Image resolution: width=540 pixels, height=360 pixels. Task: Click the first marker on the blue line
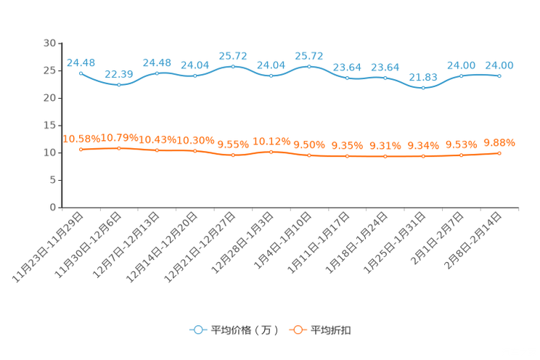(x=81, y=73)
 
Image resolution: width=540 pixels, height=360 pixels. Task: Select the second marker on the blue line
(x=119, y=84)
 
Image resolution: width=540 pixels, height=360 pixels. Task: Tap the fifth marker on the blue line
(x=233, y=65)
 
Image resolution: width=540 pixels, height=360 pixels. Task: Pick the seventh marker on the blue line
(x=309, y=66)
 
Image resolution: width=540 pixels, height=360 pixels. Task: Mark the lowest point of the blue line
(x=423, y=87)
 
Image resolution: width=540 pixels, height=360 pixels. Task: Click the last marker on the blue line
(x=499, y=75)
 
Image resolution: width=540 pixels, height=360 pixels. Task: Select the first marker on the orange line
(x=81, y=150)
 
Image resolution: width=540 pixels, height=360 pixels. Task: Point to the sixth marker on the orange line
(x=271, y=152)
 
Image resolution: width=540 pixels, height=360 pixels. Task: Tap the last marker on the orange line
(x=499, y=153)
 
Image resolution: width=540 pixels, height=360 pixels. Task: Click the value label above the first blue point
(x=81, y=62)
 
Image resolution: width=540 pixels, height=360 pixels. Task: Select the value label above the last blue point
(x=499, y=65)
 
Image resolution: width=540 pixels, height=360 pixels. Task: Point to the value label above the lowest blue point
(x=423, y=76)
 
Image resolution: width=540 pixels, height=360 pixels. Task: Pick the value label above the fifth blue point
(x=233, y=55)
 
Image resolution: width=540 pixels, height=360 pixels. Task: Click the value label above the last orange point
(x=499, y=142)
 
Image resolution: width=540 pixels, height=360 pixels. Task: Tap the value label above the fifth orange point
(x=233, y=144)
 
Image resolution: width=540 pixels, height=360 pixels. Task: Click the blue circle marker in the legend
(x=197, y=330)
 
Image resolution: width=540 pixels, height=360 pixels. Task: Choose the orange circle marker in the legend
(x=297, y=330)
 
